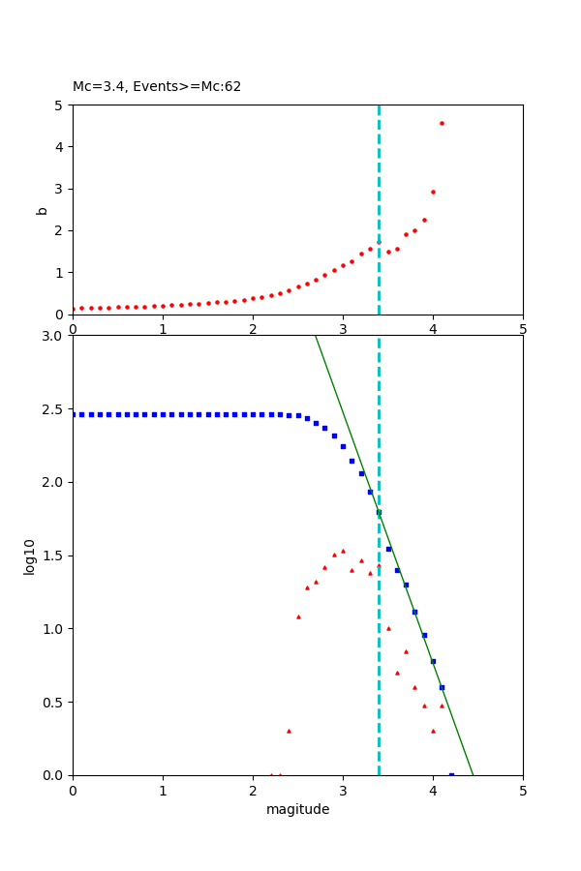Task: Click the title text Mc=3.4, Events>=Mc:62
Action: point(157,87)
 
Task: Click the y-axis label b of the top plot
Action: point(42,209)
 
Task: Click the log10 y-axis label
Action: point(30,556)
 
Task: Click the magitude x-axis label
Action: point(297,810)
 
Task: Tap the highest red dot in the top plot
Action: point(442,123)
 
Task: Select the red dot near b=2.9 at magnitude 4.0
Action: point(433,192)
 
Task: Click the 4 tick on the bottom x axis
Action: point(433,791)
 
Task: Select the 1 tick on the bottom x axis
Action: point(163,791)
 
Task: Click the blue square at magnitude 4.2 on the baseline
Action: point(451,774)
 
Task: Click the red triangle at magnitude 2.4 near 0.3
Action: point(289,731)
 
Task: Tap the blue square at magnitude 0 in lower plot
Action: point(74,414)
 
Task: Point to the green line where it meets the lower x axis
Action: point(473,774)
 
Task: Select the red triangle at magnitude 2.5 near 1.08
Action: point(298,616)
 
